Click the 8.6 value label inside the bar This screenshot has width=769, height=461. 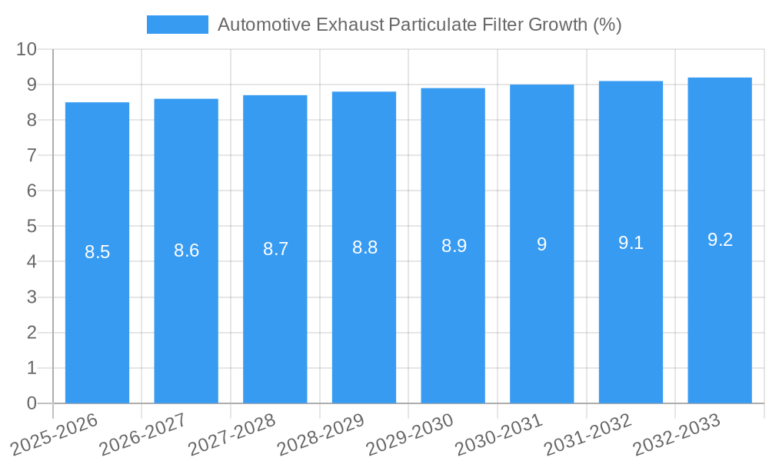(186, 250)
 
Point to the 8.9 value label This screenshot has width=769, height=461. (454, 247)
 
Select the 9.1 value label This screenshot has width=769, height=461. (631, 244)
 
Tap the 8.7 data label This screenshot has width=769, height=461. (275, 249)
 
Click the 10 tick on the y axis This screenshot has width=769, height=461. (26, 49)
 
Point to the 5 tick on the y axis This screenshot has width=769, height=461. (32, 227)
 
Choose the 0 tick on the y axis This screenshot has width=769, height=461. (32, 403)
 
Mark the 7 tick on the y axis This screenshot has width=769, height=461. (32, 156)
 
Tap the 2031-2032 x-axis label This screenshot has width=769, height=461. (588, 433)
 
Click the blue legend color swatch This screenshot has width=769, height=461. (177, 25)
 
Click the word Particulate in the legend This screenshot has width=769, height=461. (435, 25)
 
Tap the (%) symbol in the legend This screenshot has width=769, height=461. (607, 25)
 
